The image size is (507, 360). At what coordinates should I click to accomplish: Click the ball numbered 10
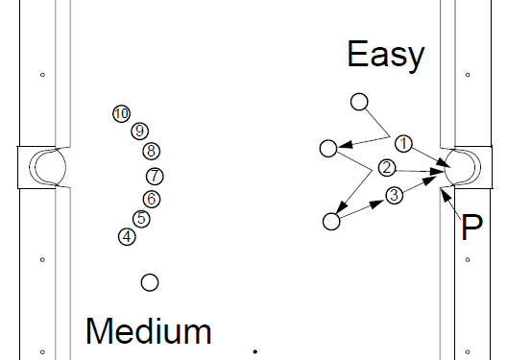click(x=122, y=113)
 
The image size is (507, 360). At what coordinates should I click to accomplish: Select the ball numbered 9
click(x=139, y=131)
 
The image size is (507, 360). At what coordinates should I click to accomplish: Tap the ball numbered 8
click(x=152, y=151)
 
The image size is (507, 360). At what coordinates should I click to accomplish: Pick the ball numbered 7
click(x=155, y=176)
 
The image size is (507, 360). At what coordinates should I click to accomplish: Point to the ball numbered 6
click(x=152, y=199)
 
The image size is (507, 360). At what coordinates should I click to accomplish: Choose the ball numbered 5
click(x=141, y=219)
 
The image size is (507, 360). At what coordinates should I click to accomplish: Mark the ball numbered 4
click(x=127, y=237)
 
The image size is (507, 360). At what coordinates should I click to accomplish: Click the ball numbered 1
click(x=403, y=143)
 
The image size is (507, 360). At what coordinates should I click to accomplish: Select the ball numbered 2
click(x=387, y=168)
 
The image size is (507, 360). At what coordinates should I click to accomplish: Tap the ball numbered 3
click(x=394, y=195)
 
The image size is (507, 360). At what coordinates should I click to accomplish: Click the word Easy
click(x=386, y=55)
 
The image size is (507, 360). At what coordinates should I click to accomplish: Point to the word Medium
click(x=149, y=331)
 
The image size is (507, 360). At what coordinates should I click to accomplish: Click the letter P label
click(x=472, y=227)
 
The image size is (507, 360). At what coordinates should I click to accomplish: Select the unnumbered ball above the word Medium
click(x=150, y=282)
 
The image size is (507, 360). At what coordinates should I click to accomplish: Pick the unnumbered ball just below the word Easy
click(x=359, y=102)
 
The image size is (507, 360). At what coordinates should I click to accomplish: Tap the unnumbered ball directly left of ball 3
click(x=331, y=222)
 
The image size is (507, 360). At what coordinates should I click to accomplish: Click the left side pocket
click(x=49, y=167)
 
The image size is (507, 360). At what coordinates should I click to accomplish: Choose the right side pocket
click(x=463, y=167)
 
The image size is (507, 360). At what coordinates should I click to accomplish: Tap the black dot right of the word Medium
click(x=255, y=351)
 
